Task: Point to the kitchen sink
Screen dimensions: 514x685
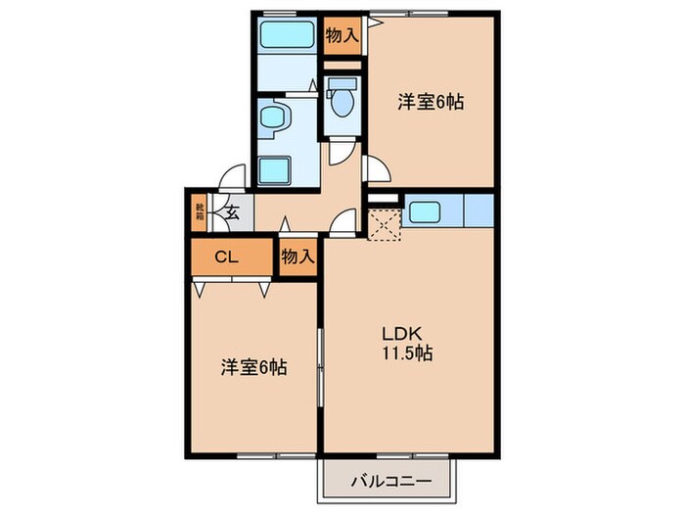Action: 426,212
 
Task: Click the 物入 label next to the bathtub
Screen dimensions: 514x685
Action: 341,36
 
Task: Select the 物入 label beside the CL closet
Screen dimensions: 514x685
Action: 297,257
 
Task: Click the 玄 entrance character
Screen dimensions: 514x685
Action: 233,210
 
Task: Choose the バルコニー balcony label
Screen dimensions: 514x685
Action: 388,481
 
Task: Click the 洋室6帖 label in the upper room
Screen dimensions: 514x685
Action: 430,101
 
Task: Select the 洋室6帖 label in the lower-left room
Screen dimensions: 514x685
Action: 252,369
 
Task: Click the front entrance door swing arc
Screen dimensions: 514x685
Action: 231,177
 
